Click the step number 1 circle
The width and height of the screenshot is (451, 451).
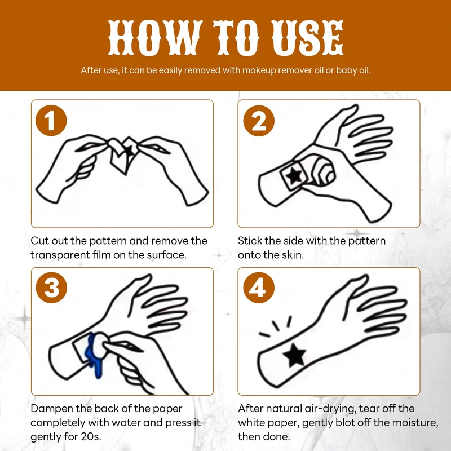(51, 121)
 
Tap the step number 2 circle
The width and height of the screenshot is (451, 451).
(259, 121)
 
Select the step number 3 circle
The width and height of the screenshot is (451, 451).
(51, 288)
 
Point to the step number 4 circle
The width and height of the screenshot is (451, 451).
(259, 288)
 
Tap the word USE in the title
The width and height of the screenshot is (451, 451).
(307, 38)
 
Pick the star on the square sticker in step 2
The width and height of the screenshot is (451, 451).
(294, 176)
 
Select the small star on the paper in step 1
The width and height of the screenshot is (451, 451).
(128, 151)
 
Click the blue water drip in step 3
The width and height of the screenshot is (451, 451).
(94, 355)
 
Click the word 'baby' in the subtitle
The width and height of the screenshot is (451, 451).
(347, 70)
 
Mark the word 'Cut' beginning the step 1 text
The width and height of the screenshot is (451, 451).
(39, 241)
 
